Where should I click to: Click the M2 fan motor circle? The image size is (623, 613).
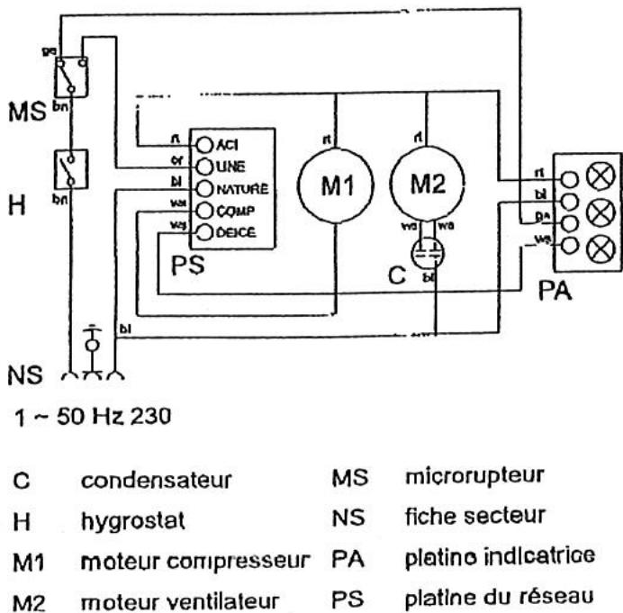tap(427, 185)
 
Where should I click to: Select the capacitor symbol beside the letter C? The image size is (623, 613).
tap(426, 253)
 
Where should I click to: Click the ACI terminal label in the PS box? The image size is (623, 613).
tap(226, 145)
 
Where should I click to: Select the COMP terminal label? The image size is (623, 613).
tap(230, 211)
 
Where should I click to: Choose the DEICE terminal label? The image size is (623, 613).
tap(231, 231)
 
